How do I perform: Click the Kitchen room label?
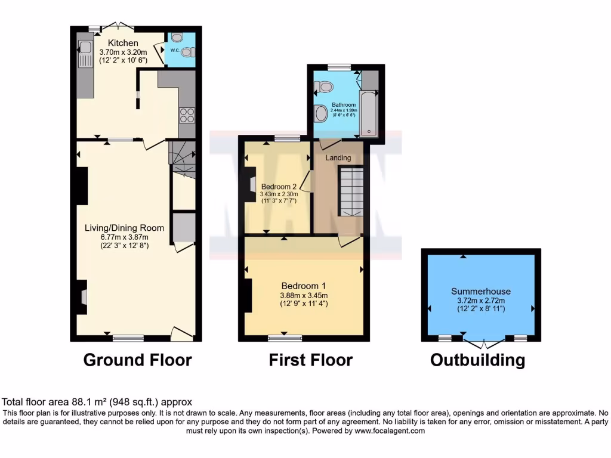[123, 43]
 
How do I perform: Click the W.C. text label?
[175, 50]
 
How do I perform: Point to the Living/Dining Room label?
[124, 228]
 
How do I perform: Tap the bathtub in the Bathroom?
[368, 113]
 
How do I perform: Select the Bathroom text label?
[344, 106]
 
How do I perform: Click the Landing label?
[338, 158]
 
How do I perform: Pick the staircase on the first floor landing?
[351, 191]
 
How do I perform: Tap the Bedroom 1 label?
[303, 285]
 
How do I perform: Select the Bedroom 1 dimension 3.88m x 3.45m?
[303, 295]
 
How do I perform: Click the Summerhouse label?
[481, 292]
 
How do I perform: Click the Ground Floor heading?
[137, 360]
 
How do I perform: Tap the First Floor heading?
[310, 360]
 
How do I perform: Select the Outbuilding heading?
[477, 360]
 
